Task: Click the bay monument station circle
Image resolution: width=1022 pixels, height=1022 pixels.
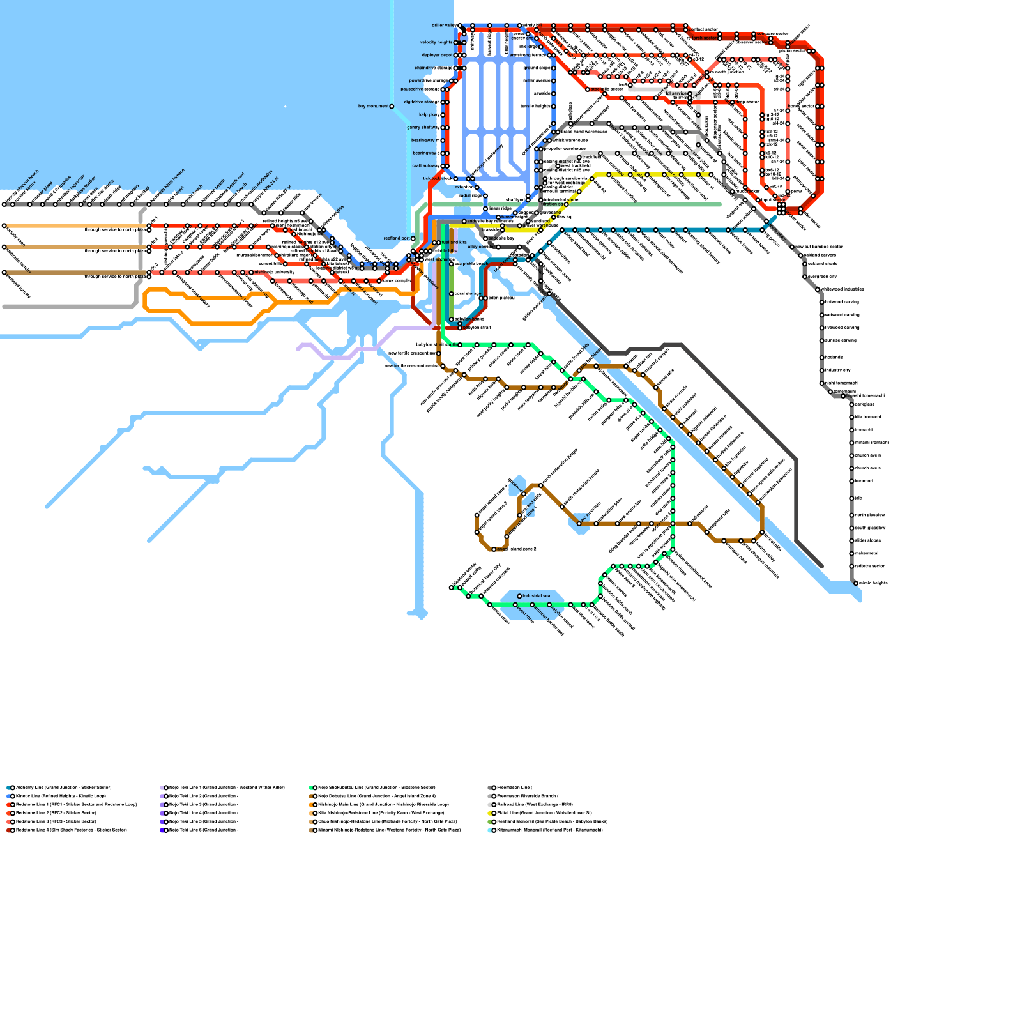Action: tap(392, 107)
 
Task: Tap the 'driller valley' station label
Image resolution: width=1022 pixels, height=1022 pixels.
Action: tap(443, 26)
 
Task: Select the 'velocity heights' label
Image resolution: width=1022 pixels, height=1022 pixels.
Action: tap(436, 43)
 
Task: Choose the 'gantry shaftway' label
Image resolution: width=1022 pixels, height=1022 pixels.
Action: tap(422, 128)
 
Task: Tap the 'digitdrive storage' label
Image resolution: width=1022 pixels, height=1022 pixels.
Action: tap(421, 102)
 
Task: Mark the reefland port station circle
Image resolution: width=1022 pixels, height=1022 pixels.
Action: tap(413, 238)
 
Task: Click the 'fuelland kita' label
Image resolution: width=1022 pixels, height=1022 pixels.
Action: tap(454, 243)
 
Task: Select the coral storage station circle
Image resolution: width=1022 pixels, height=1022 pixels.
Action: tap(452, 294)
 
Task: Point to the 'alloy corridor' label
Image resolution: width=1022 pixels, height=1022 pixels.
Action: tap(481, 247)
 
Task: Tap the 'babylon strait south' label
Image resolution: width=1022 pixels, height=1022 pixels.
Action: tap(436, 345)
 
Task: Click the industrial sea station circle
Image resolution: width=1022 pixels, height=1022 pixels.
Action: tap(519, 596)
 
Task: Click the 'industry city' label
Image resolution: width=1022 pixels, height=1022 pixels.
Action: tap(838, 370)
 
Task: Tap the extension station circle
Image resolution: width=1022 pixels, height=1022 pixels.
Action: tap(477, 187)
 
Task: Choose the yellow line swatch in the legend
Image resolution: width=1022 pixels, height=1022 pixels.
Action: tap(491, 813)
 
